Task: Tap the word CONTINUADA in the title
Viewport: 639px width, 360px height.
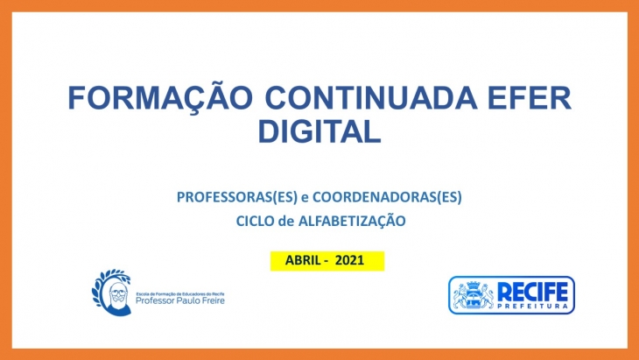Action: tap(371, 98)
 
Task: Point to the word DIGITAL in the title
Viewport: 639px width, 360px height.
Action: tap(319, 131)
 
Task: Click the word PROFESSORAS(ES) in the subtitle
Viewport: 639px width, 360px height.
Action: tap(237, 197)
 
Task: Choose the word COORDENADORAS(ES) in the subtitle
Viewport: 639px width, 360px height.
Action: tap(387, 197)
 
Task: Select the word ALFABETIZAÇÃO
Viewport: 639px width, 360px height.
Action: tap(352, 221)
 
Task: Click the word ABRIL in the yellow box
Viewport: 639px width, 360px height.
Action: tap(303, 260)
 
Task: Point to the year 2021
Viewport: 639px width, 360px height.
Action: tap(349, 260)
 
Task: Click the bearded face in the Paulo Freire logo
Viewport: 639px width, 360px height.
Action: tap(118, 296)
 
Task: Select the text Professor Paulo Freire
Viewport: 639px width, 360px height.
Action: tap(180, 301)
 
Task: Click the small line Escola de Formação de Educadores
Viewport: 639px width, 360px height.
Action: tap(180, 294)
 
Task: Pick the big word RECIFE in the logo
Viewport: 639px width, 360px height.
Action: tap(532, 293)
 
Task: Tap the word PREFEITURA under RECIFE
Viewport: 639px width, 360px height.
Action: tap(533, 307)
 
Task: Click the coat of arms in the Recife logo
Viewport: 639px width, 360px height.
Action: tap(474, 295)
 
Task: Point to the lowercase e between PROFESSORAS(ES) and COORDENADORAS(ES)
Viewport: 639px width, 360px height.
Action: tap(305, 198)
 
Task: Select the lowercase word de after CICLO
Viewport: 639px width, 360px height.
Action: tap(286, 222)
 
